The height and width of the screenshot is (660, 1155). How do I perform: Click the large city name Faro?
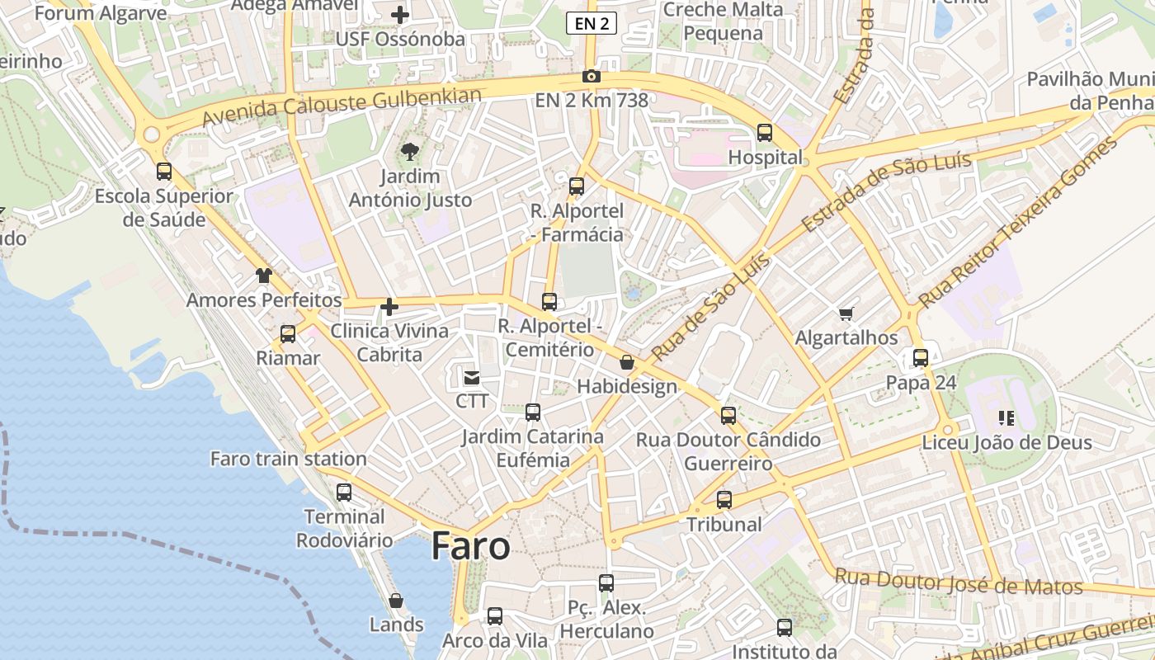(x=470, y=546)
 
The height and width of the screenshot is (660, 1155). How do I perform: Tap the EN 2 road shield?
(x=592, y=24)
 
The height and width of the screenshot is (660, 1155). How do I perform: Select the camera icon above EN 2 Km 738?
(x=591, y=77)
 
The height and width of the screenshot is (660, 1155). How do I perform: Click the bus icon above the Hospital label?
(x=765, y=133)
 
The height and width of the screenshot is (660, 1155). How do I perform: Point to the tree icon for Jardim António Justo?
(x=409, y=151)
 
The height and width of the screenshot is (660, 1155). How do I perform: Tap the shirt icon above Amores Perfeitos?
(x=263, y=276)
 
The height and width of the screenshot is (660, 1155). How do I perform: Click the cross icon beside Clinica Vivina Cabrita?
(x=389, y=308)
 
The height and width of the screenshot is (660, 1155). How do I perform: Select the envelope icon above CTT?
(x=472, y=378)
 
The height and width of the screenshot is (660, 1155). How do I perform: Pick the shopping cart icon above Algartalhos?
(x=846, y=313)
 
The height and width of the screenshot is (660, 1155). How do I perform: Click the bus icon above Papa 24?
(x=921, y=358)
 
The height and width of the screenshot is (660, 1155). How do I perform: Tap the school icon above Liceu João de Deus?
(x=1006, y=418)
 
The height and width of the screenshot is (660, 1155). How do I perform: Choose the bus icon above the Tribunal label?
(x=724, y=500)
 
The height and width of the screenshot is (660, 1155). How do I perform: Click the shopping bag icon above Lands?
(x=396, y=601)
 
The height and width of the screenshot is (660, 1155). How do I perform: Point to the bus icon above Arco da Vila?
(x=494, y=616)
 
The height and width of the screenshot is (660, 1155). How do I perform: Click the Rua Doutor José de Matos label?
(x=958, y=582)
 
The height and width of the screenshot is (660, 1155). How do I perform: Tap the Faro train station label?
(x=288, y=459)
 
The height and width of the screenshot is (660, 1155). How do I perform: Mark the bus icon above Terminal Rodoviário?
(x=343, y=493)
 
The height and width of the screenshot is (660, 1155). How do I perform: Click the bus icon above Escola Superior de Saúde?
(x=164, y=172)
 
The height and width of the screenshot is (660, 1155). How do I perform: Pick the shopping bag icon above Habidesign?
(x=627, y=362)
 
